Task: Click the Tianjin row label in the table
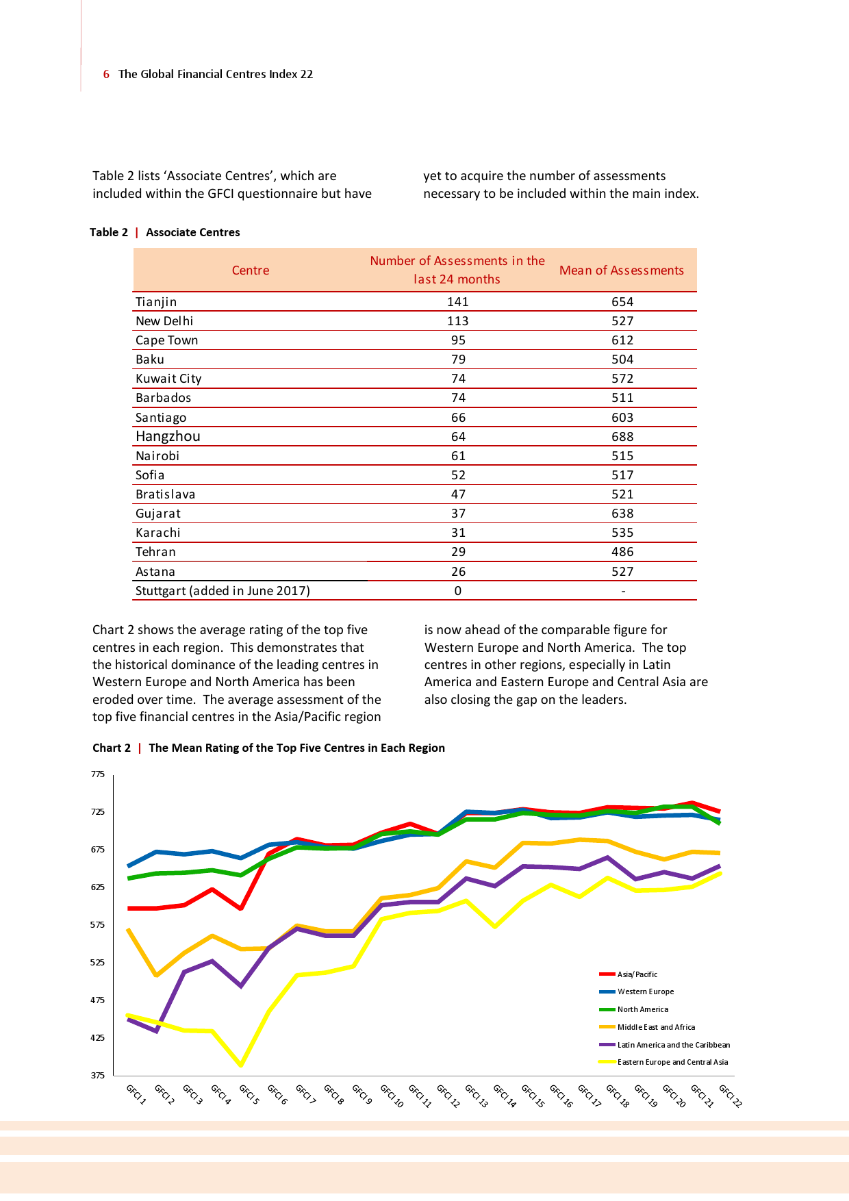coord(156,302)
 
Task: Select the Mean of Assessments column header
coord(621,270)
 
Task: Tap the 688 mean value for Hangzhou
coord(622,437)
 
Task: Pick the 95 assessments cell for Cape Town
coord(458,340)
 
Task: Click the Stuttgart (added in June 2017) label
coord(223,591)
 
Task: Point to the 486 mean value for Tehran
coord(622,552)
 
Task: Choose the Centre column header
coord(251,270)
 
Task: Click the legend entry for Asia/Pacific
coord(637,974)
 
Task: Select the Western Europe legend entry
coord(645,991)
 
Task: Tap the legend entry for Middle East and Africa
coord(655,1027)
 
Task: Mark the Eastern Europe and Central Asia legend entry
coord(672,1062)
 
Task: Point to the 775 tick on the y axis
coord(98,774)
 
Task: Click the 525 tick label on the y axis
coord(98,963)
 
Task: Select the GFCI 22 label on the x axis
coord(731,1096)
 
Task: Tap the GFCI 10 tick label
coord(392,1096)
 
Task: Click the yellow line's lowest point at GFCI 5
coord(241,1065)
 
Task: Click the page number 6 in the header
coord(106,74)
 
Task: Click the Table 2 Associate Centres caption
coord(165,232)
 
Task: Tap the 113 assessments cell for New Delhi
coord(458,321)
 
